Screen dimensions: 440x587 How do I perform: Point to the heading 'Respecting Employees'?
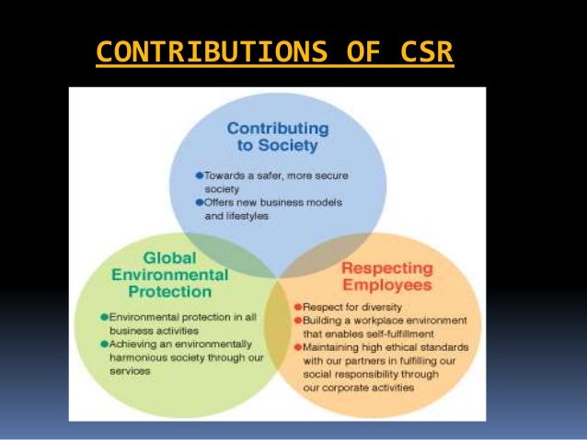(x=386, y=276)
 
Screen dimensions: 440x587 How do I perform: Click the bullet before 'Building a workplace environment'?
(x=297, y=319)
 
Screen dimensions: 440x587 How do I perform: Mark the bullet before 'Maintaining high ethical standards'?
(x=297, y=346)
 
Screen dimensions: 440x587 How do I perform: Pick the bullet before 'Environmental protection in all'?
(x=105, y=317)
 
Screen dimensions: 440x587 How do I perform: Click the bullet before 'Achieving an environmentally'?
(x=105, y=344)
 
